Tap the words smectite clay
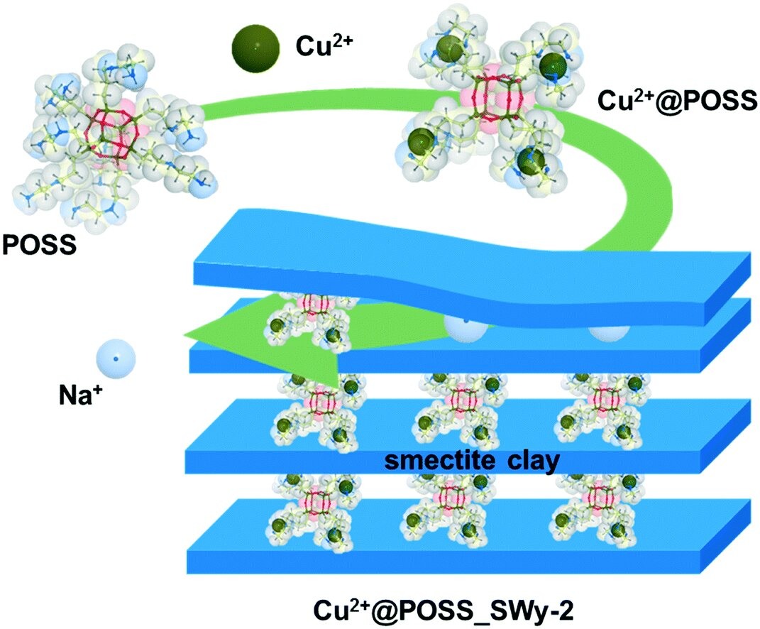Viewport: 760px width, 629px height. [x=473, y=461]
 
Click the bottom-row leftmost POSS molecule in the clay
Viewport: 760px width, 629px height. [x=313, y=507]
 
